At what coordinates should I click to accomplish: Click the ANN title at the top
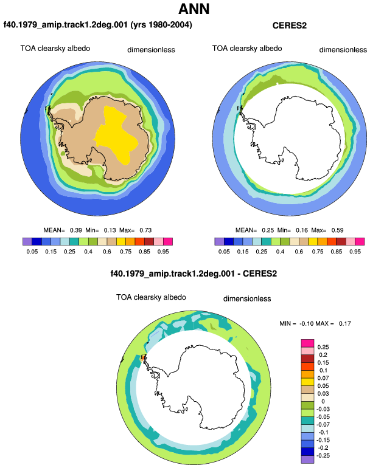[194, 9]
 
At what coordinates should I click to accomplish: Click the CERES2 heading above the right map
[289, 26]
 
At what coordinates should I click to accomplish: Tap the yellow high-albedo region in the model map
[117, 134]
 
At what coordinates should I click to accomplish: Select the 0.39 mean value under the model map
[75, 230]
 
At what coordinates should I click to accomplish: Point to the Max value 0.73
[145, 230]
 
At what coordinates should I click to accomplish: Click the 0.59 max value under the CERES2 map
[337, 230]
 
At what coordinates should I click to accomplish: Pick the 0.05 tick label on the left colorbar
[32, 252]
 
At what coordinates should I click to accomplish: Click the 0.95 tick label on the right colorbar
[355, 252]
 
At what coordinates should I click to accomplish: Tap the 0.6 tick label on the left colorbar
[106, 252]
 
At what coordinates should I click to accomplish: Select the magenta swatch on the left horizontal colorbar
[168, 241]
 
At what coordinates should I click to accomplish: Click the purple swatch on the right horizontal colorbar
[219, 241]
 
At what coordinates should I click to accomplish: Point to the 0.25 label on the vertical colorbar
[323, 347]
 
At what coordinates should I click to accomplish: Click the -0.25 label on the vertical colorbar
[323, 456]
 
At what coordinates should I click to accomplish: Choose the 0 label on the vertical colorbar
[323, 401]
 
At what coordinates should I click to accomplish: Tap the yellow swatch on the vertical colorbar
[307, 382]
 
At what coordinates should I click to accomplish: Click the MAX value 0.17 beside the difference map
[344, 323]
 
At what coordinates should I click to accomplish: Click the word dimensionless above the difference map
[247, 299]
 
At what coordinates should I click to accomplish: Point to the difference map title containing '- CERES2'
[194, 274]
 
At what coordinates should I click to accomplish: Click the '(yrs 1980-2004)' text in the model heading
[161, 25]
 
